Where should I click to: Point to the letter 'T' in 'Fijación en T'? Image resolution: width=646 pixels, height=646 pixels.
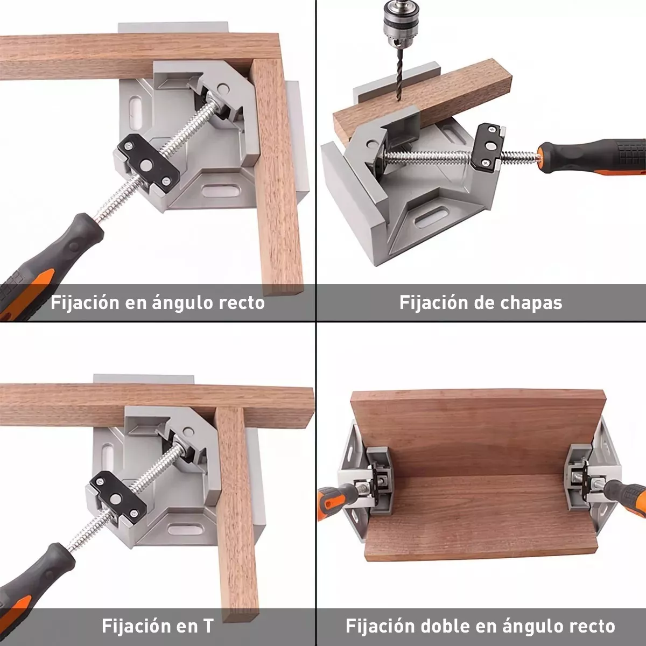coord(208,626)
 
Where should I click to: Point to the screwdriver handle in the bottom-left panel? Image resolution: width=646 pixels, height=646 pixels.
coord(32,581)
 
